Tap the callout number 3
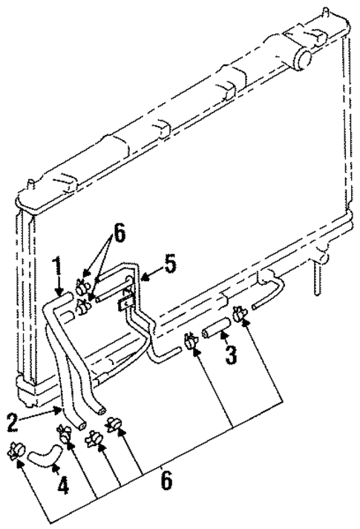click(x=231, y=354)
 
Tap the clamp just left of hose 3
click(x=190, y=341)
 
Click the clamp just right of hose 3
click(x=240, y=315)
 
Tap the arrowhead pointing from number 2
click(x=59, y=409)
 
